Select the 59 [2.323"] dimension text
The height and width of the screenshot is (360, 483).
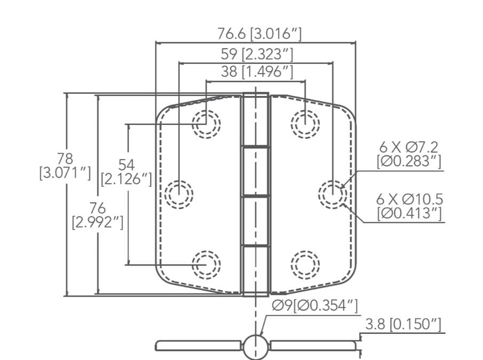pyautogui.click(x=257, y=53)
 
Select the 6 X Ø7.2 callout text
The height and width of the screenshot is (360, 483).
pyautogui.click(x=409, y=153)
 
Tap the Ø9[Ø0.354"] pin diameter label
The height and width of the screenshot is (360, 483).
pyautogui.click(x=314, y=306)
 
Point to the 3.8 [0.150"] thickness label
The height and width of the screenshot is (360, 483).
pyautogui.click(x=403, y=324)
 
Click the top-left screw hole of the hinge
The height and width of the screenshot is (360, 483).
pyautogui.click(x=206, y=124)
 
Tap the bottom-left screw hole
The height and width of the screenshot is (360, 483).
pyautogui.click(x=206, y=264)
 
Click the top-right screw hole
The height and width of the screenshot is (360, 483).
pyautogui.click(x=305, y=124)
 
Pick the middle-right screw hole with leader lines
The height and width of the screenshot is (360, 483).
pyautogui.click(x=332, y=194)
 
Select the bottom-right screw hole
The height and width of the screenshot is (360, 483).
pyautogui.click(x=305, y=264)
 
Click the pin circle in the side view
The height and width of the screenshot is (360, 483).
pyautogui.click(x=255, y=346)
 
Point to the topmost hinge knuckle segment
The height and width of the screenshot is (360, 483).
pyautogui.click(x=255, y=119)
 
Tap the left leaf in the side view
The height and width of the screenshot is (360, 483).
pyautogui.click(x=197, y=346)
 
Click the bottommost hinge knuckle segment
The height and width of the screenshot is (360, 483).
pyautogui.click(x=255, y=270)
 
